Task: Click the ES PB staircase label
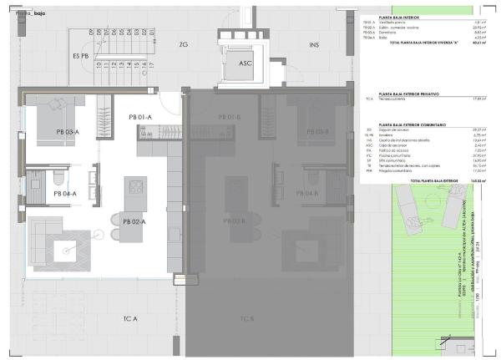point(81,56)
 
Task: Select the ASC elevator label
point(245,63)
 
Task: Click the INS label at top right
point(314,44)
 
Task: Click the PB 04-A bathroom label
point(65,193)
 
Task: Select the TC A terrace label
point(130,318)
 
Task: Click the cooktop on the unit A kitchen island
point(134,185)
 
